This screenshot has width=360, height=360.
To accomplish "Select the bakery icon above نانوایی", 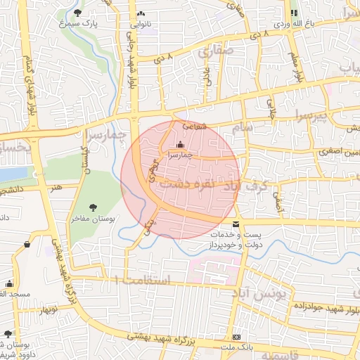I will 141,13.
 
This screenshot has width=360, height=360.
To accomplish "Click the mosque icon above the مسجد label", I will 9,284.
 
